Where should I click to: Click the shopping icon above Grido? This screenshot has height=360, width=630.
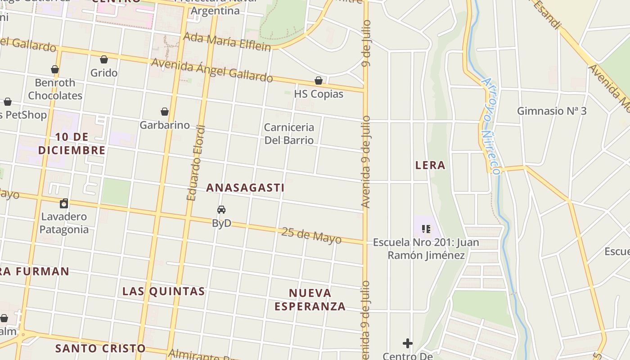coord(104,59)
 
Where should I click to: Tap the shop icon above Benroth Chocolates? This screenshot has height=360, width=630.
coord(55,69)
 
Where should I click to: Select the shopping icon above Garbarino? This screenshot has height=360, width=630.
coord(165,112)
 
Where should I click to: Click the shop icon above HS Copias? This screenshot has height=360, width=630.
coord(319,81)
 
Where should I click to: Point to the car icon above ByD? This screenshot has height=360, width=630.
coord(221,210)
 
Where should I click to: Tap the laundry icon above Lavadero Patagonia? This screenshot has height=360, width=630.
coord(64,203)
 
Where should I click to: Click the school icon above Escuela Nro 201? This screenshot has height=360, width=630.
coord(426,229)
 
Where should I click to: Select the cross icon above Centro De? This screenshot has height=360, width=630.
coord(408,343)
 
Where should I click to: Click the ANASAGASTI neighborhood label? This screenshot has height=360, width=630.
coord(245,188)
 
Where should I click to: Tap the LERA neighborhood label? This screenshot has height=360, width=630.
coord(430,165)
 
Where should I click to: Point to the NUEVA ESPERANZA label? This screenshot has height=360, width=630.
coord(310,300)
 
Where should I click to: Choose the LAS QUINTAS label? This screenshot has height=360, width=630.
coord(164,291)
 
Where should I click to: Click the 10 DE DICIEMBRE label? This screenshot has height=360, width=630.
coord(72,144)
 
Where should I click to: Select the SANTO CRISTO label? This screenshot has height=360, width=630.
coord(100,348)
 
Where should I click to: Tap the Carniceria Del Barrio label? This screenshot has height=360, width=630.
coord(289,134)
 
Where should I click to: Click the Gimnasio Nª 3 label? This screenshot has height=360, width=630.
coord(552,111)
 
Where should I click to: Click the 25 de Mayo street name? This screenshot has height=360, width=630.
coord(311,235)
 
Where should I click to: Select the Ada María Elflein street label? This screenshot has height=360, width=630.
coord(228,42)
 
